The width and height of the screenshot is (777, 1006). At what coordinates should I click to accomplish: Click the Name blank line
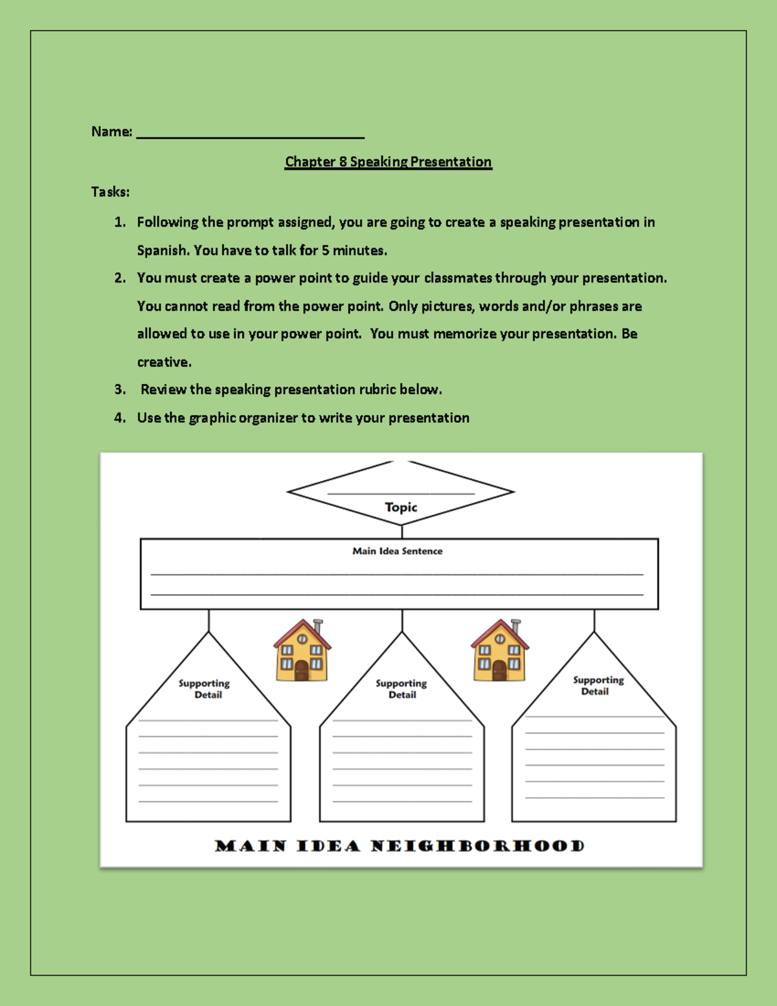click(251, 136)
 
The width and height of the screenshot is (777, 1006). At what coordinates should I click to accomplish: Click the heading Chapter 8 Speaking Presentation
click(388, 162)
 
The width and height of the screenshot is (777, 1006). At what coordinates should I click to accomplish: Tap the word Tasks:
click(110, 192)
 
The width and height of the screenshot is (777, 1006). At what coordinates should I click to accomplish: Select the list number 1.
click(119, 222)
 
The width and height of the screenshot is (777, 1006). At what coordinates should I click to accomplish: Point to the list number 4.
click(119, 418)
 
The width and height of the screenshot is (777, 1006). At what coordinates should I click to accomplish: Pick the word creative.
click(164, 362)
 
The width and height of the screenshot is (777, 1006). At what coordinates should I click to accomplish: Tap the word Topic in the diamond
click(401, 507)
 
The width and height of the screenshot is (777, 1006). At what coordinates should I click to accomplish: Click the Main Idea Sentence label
click(398, 551)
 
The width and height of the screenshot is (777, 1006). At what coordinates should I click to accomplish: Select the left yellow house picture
click(302, 650)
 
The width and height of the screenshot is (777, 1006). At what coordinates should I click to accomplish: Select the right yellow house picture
click(499, 650)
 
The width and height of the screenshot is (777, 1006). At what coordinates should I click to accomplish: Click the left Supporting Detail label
click(205, 689)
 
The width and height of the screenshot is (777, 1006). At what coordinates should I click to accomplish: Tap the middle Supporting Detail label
click(401, 689)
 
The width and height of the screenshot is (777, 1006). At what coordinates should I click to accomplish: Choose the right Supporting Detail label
click(598, 685)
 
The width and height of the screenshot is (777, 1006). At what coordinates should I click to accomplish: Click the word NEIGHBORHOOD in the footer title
click(478, 846)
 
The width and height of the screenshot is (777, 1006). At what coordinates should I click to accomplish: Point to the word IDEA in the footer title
click(328, 846)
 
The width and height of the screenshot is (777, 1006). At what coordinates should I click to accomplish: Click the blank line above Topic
click(401, 494)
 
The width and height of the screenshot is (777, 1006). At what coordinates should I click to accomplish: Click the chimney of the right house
click(516, 627)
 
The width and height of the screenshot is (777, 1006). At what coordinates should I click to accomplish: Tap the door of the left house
click(302, 671)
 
